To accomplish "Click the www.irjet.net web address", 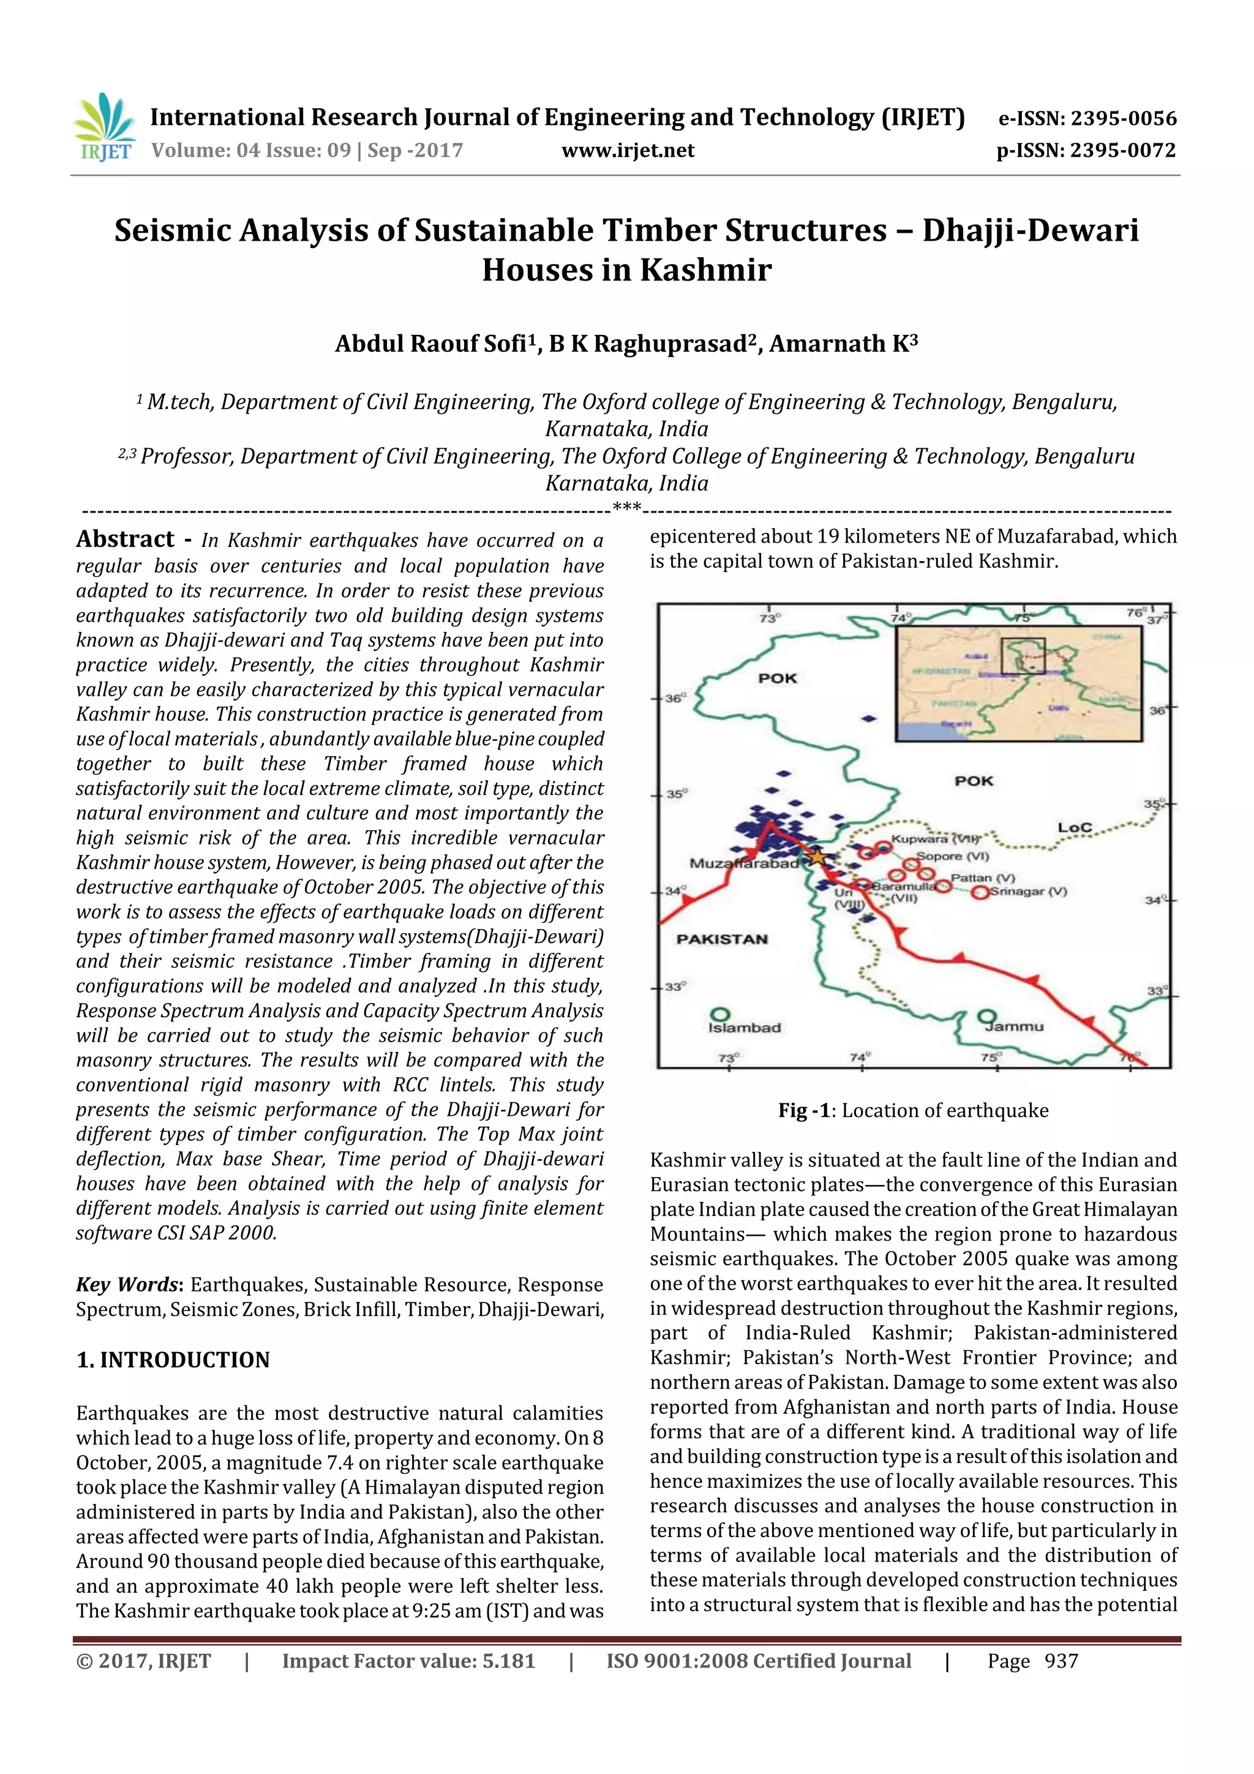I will coord(628,151).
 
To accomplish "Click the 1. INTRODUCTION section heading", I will coord(173,1360).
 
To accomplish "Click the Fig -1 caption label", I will coord(803,1110).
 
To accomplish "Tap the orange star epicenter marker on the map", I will coord(817,856).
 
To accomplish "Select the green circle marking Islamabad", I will coord(720,1013).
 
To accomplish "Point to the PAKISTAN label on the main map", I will coord(722,939).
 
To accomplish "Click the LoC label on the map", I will coord(1074,827).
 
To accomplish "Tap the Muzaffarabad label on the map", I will coord(743,863).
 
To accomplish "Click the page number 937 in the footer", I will coord(1061,1661).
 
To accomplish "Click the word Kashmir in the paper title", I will coord(705,269).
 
